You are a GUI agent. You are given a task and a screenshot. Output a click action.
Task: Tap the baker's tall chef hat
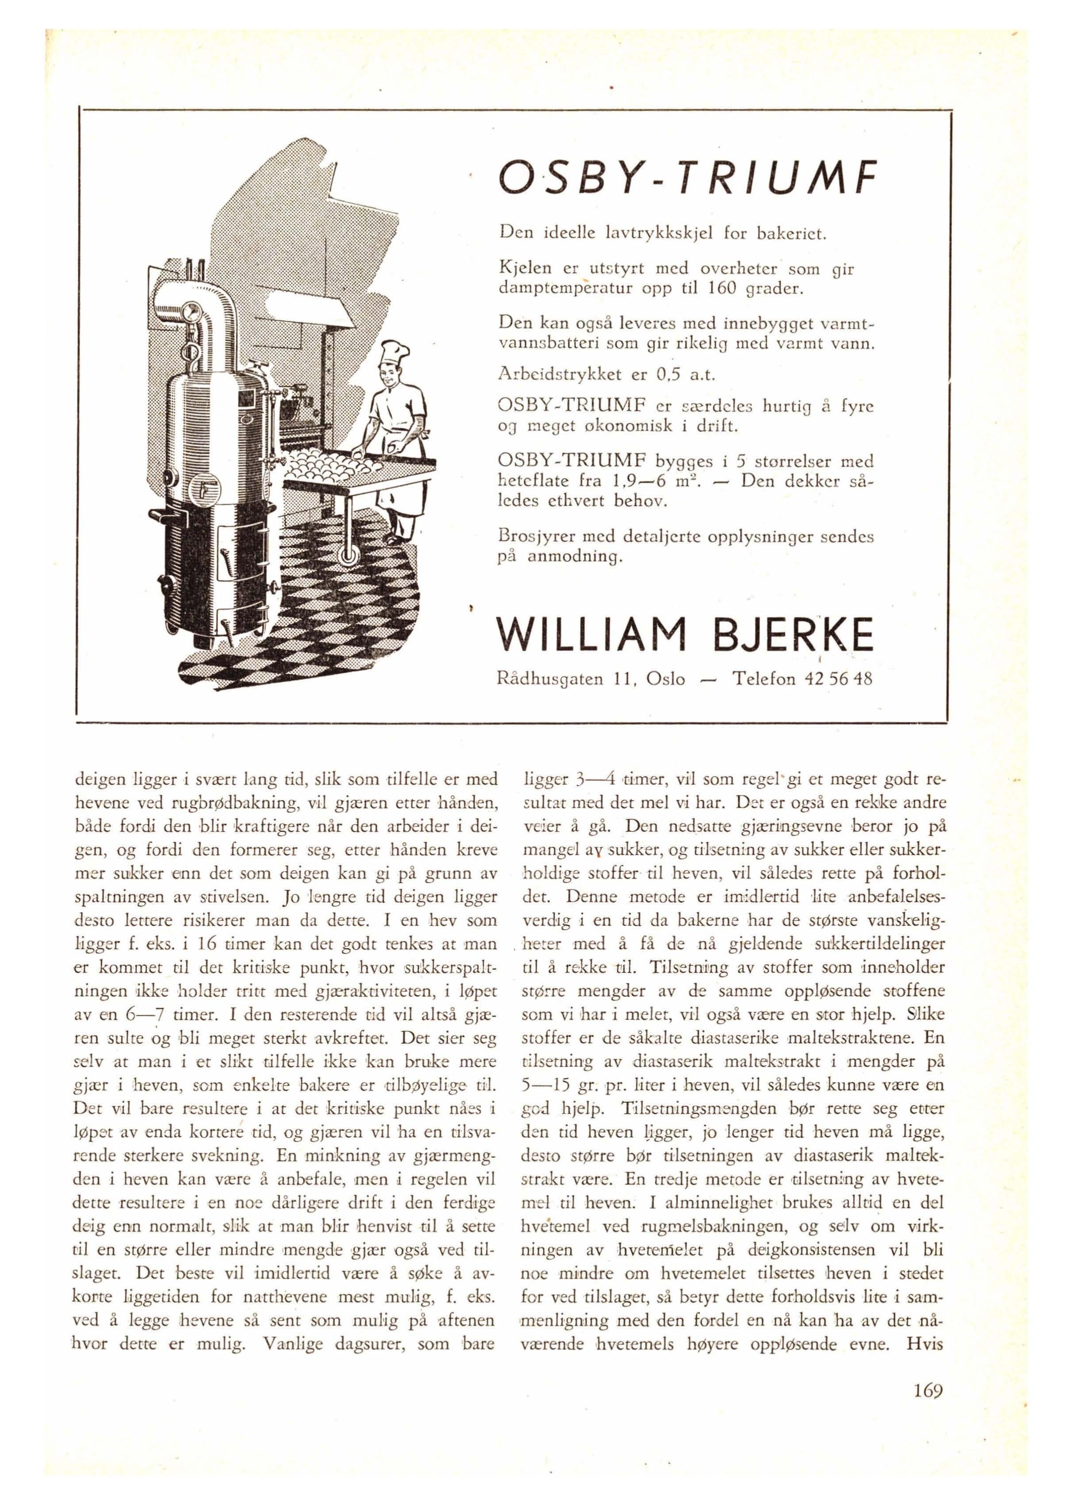(x=395, y=354)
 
